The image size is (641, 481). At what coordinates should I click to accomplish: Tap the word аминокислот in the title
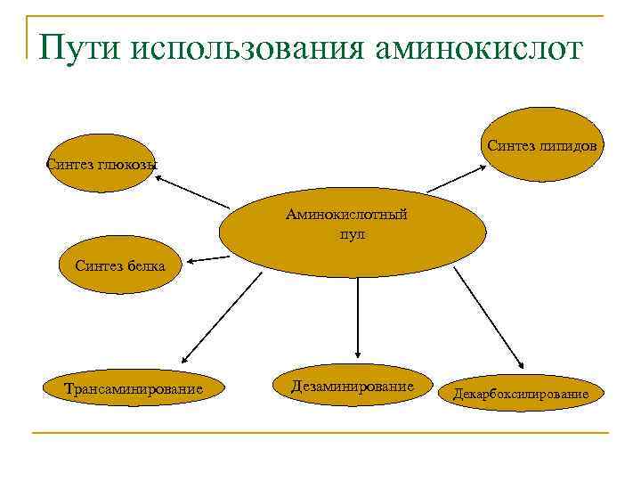point(481,47)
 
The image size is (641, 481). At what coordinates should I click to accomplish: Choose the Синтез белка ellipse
point(114,266)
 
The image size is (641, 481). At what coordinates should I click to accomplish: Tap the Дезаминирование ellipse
point(353,387)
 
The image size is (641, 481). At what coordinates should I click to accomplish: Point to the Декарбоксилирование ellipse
point(520,392)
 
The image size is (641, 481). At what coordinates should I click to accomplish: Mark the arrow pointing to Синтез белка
point(209,259)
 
